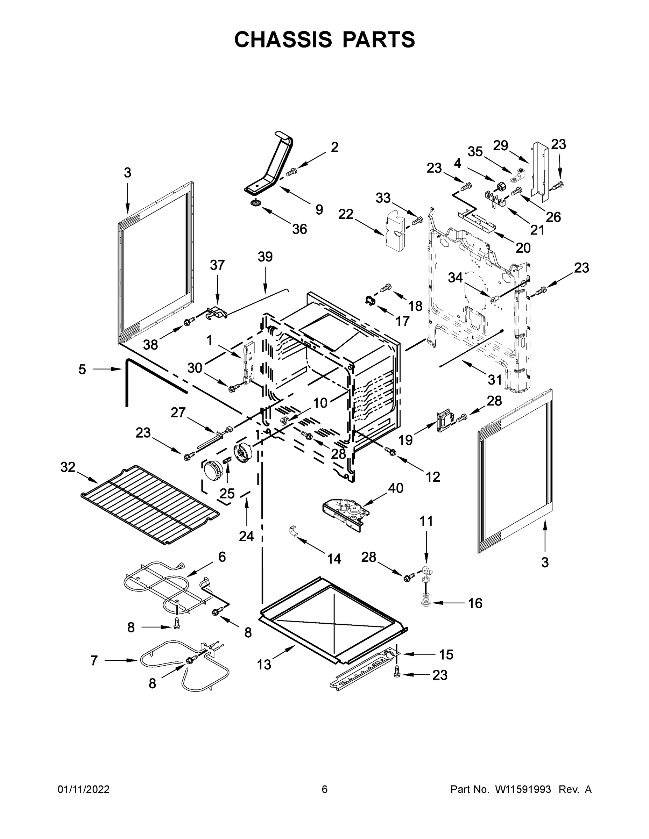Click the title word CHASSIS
[283, 40]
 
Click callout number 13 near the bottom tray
[264, 664]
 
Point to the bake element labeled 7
[184, 669]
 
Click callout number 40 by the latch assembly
[396, 488]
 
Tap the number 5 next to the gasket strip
[82, 370]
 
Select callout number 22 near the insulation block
[346, 214]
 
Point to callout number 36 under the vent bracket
[299, 229]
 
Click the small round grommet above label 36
[255, 202]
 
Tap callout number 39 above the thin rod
[265, 257]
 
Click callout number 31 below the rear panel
[495, 380]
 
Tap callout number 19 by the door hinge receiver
[405, 440]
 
